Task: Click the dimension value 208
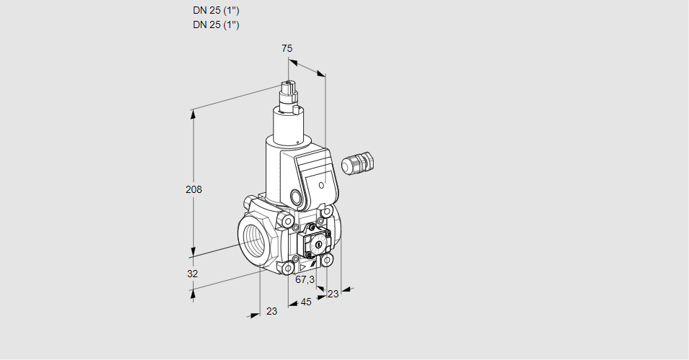tap(194, 189)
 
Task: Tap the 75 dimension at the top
tap(287, 48)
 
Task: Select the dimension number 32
tap(192, 274)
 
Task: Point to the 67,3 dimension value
tap(305, 279)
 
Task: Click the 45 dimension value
tap(306, 302)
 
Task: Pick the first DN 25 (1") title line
tap(216, 11)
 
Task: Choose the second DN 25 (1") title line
tap(216, 24)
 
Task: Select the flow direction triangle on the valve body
tap(302, 267)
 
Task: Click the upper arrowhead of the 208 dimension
tap(192, 114)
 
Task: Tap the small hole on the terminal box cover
tap(321, 186)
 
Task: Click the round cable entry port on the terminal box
tap(297, 196)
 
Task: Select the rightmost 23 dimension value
tap(333, 294)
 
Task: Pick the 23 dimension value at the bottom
tap(271, 311)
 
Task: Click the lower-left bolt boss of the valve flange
tap(288, 268)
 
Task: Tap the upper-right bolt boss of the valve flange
tap(326, 212)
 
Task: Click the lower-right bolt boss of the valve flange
tap(326, 261)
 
